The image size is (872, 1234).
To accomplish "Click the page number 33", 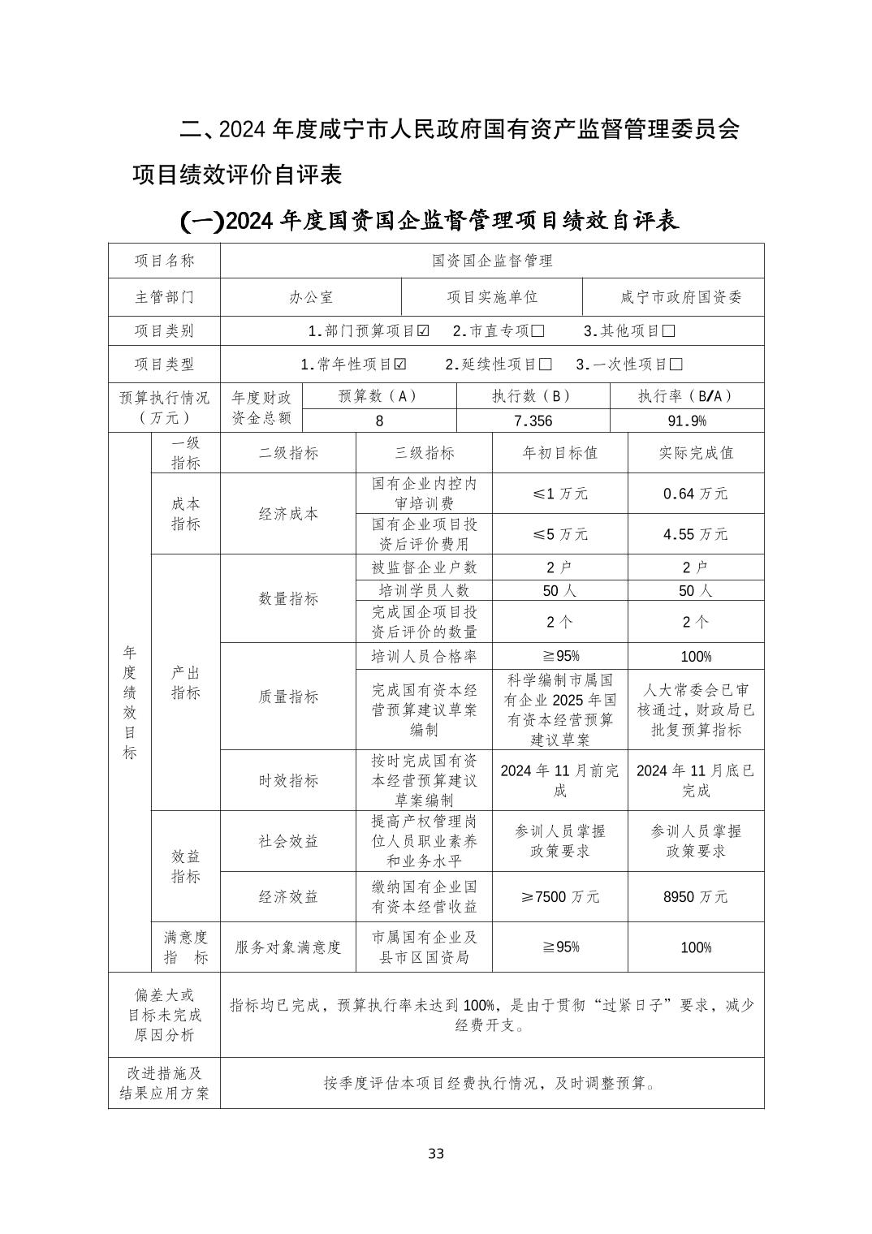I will click(436, 1154).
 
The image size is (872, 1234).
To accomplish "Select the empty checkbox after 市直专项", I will click(537, 331).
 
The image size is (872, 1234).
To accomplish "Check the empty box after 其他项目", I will click(668, 331).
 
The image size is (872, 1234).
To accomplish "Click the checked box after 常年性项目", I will click(400, 365).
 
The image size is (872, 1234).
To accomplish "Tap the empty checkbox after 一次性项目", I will click(676, 365).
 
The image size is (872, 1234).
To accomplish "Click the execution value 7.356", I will click(533, 421).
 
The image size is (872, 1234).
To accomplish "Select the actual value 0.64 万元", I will click(695, 494).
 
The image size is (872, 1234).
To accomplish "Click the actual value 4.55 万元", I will click(695, 534).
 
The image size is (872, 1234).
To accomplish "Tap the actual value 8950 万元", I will click(695, 897).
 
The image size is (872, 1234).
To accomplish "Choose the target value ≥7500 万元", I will click(560, 897).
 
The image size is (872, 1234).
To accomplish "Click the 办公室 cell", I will click(311, 297).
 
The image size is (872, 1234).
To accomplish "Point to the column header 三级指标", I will click(424, 453).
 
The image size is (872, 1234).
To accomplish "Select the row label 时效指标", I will click(288, 780).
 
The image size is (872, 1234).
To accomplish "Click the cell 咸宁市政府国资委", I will click(680, 297).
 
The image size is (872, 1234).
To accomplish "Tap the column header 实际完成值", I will click(695, 453).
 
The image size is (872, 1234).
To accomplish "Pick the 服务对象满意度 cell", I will click(288, 947).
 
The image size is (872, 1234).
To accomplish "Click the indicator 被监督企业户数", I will click(424, 567).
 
